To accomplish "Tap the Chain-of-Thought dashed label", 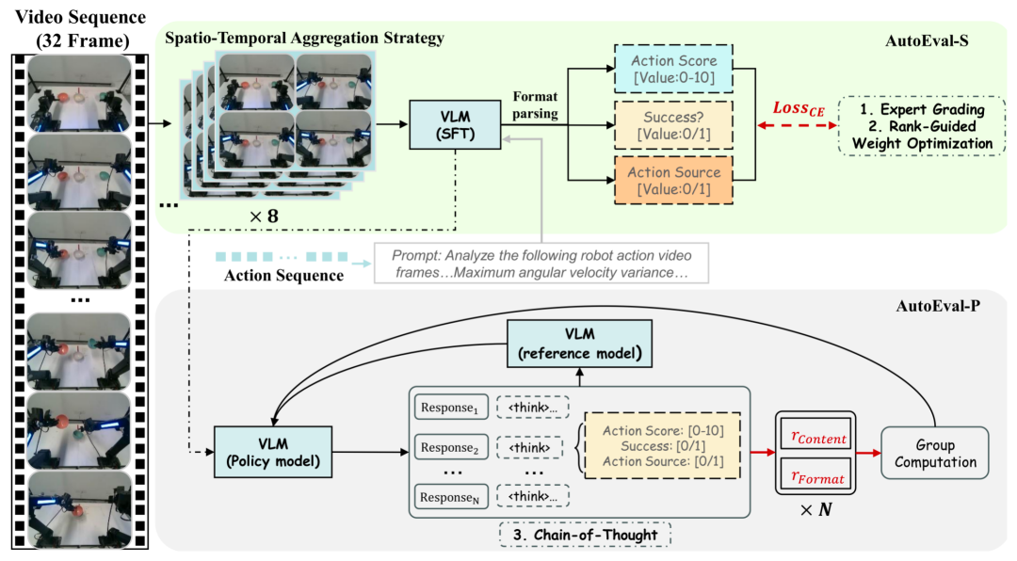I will tap(585, 535).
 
